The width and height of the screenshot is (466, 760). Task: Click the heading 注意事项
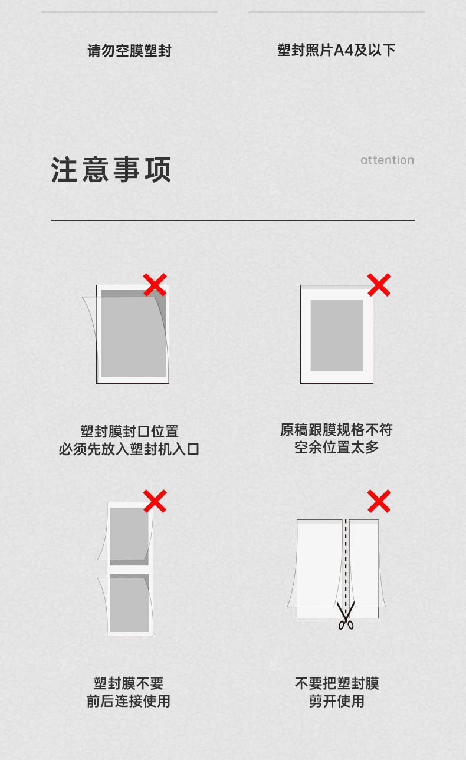tap(111, 170)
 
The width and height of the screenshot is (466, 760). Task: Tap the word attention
tap(388, 160)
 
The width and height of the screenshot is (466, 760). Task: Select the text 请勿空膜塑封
tap(129, 51)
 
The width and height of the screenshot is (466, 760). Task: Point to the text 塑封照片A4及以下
tap(336, 50)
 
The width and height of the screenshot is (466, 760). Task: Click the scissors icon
tap(346, 616)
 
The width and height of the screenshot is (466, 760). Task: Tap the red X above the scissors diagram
tap(379, 501)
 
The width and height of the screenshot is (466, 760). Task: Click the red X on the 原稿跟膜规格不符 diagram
tap(379, 285)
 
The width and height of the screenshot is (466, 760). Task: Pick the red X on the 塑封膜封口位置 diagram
tap(155, 285)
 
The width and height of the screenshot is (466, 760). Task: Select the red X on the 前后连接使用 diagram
tap(155, 501)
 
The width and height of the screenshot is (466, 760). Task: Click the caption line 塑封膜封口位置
tap(129, 431)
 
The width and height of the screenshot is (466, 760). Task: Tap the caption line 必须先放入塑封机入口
tap(129, 449)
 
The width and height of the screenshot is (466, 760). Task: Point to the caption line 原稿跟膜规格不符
tap(336, 430)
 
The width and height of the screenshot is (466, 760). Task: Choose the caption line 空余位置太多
tap(336, 447)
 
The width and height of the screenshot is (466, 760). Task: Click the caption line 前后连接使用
tap(128, 701)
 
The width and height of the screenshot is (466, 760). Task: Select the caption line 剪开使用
tap(336, 701)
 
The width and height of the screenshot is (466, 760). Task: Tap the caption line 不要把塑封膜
tap(337, 683)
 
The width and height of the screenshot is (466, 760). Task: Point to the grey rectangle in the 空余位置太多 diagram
tap(337, 335)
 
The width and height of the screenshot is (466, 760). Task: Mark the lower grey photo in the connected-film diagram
tap(129, 603)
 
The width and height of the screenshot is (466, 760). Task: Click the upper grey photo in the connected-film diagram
tap(129, 537)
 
